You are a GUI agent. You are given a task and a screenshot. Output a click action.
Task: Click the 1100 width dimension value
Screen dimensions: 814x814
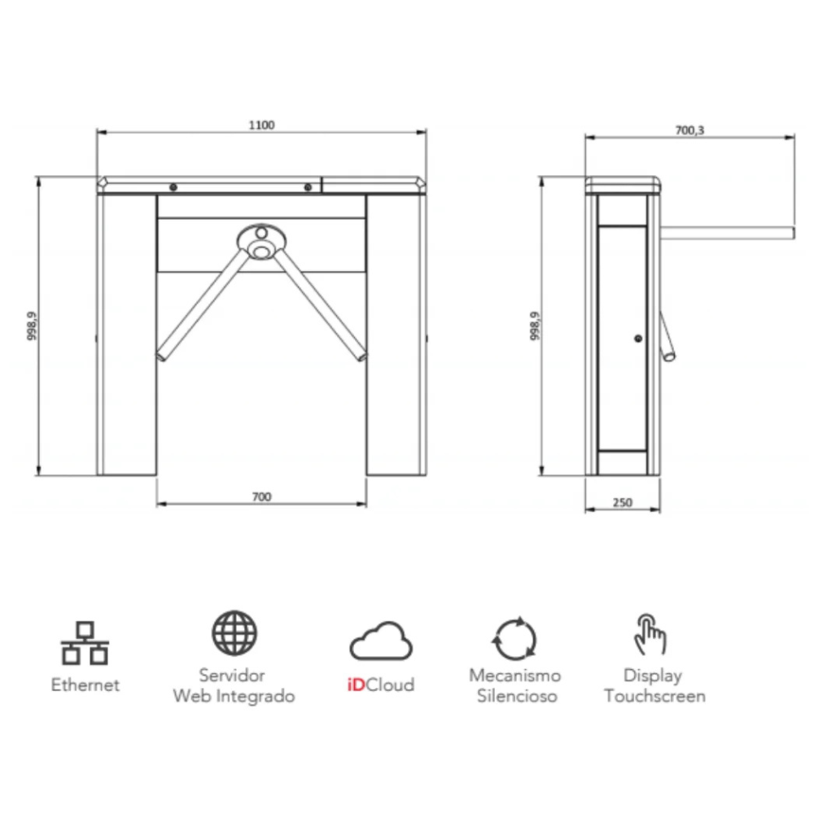point(261,125)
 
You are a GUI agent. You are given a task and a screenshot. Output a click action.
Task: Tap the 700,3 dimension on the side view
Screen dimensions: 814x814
point(689,130)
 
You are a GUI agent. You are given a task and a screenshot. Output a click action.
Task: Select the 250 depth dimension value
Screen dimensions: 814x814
point(623,502)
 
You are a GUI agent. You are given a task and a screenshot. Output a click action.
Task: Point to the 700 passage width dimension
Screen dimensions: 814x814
point(261,497)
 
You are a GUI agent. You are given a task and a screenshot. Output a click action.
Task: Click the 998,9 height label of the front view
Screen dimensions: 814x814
point(32,326)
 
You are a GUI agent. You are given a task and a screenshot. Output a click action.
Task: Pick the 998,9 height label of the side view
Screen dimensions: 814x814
point(535,326)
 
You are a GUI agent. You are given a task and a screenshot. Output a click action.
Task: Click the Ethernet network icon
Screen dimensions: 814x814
point(85,643)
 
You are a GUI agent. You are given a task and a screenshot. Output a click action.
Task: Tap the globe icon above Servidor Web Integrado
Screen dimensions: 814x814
point(234,632)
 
